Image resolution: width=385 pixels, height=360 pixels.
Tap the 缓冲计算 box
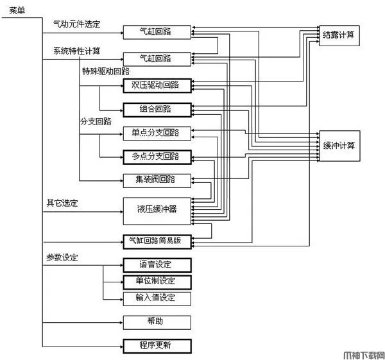coord(339,145)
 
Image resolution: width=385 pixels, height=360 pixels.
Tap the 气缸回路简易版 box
coord(157,241)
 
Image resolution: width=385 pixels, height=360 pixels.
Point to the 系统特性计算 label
coord(76,50)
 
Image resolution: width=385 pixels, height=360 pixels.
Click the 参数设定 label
coord(62,257)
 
